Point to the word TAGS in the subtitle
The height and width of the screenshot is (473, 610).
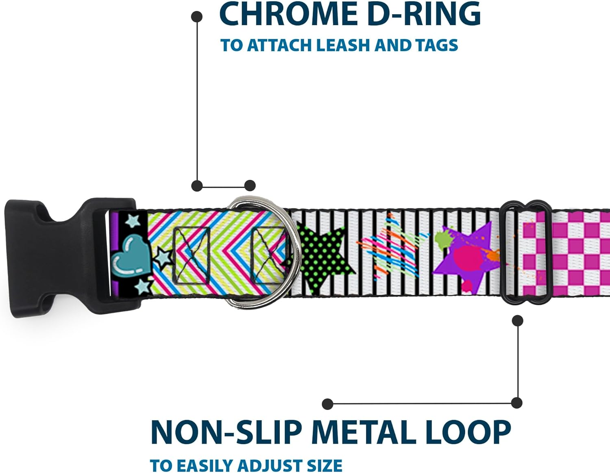click(437, 45)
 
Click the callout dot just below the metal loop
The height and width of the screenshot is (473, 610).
click(517, 321)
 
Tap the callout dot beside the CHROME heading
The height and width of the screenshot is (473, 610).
click(197, 17)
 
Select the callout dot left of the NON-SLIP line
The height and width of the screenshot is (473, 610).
click(327, 404)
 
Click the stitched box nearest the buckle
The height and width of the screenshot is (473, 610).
click(191, 255)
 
